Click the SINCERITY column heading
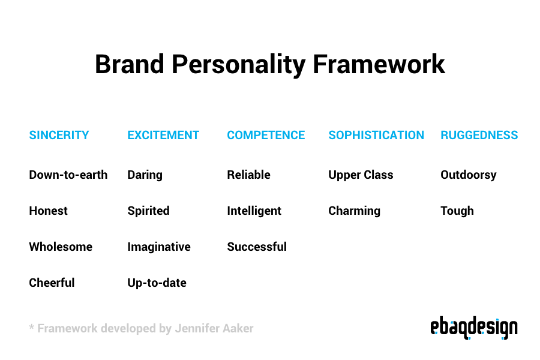click(x=59, y=135)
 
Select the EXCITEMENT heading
click(x=163, y=135)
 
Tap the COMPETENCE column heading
click(x=266, y=135)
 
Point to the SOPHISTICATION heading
click(x=376, y=135)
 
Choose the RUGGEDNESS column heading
click(x=479, y=135)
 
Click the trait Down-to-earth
click(x=68, y=175)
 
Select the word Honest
click(x=48, y=211)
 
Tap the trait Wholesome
click(x=61, y=247)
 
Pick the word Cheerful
click(x=52, y=283)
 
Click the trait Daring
click(x=145, y=175)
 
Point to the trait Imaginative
click(x=159, y=247)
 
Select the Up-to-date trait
click(x=157, y=283)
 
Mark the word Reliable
click(x=248, y=175)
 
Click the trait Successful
click(x=257, y=247)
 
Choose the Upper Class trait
click(x=361, y=175)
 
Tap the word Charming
click(x=354, y=211)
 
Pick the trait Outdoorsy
click(x=469, y=175)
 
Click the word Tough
click(x=457, y=211)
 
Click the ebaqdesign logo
click(x=474, y=328)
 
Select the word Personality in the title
click(x=238, y=65)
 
